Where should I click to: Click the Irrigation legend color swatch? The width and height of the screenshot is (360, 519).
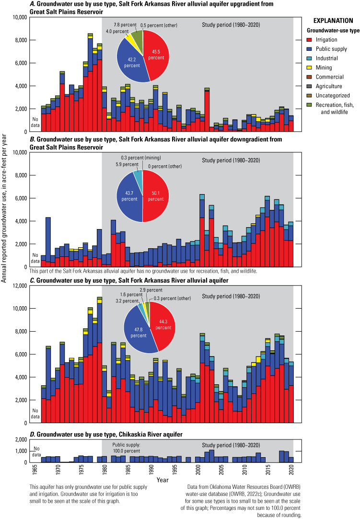311,40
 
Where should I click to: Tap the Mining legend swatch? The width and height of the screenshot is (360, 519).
311,68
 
